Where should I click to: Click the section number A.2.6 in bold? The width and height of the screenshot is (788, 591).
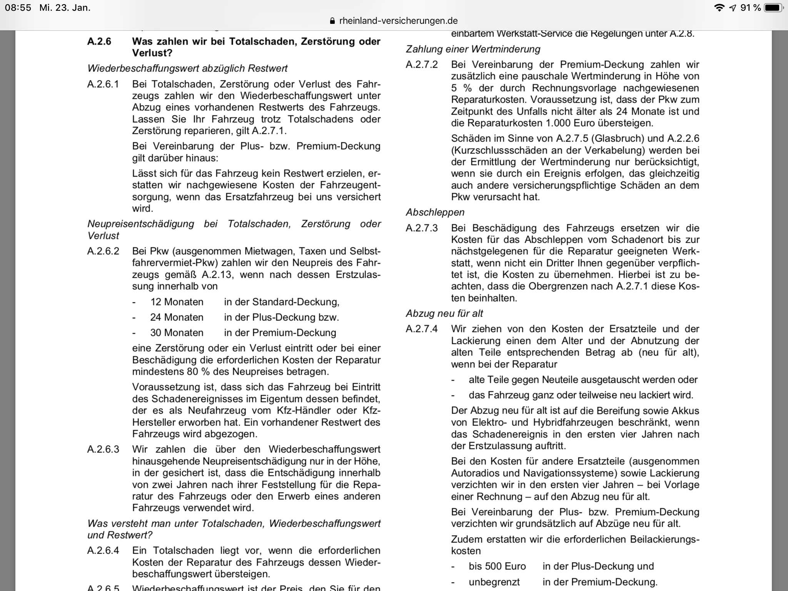99,41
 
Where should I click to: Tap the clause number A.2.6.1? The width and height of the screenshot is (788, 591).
103,84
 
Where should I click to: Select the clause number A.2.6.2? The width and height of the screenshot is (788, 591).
103,251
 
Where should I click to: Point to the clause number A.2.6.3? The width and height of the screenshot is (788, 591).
103,449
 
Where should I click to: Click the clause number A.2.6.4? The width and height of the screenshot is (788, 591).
103,551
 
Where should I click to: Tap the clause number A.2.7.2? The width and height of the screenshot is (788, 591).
422,64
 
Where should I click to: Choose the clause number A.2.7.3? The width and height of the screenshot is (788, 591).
422,228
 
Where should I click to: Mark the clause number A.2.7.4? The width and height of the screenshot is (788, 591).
422,329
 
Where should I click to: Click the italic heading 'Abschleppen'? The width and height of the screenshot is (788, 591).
435,212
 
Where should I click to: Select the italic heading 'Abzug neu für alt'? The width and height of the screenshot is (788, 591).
444,313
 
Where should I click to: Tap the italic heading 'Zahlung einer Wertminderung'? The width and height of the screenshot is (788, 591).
473,49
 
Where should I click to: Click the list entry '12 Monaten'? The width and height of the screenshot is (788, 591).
177,302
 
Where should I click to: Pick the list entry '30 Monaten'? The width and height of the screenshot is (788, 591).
177,332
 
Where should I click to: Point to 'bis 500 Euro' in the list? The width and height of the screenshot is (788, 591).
497,566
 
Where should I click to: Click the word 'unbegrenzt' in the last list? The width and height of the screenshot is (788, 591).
494,582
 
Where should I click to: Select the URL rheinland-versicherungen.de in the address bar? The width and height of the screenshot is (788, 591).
398,21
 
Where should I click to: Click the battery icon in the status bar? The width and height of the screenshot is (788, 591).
773,8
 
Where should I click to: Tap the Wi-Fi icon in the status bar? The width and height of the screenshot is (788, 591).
719,8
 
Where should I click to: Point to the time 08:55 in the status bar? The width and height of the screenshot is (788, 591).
18,8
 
